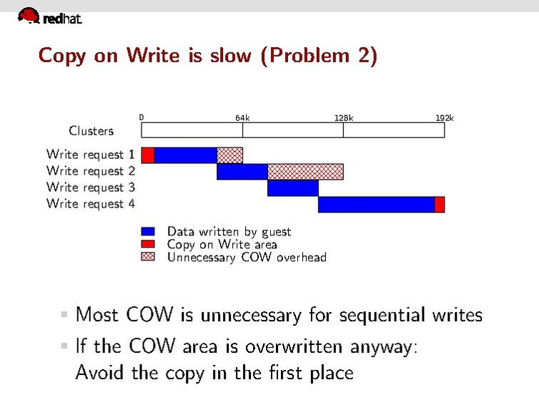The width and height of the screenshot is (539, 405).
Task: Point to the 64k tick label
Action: tap(242, 117)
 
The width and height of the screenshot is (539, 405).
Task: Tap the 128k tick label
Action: tap(344, 117)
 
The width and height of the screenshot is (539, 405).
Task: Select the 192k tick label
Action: tap(445, 117)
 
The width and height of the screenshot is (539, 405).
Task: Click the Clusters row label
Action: tap(91, 130)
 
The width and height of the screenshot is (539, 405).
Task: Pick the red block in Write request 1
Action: tap(148, 155)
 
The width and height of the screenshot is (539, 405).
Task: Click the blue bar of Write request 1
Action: tap(185, 155)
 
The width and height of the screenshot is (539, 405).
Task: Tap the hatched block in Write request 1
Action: tap(229, 155)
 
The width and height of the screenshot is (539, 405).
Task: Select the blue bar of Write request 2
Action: tap(242, 172)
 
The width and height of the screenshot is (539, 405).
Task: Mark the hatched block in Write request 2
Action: tap(305, 172)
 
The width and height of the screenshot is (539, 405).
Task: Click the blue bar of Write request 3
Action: tap(292, 188)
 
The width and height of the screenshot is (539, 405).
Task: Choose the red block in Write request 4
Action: tap(440, 205)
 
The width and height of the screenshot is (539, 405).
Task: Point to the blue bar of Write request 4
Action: tap(376, 205)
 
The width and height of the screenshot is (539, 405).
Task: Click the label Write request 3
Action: tap(91, 187)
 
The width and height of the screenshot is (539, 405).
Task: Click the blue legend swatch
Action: tap(148, 231)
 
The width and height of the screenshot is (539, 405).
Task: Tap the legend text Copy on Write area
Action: tap(222, 244)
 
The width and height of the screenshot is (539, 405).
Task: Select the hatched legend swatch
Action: tap(148, 256)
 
